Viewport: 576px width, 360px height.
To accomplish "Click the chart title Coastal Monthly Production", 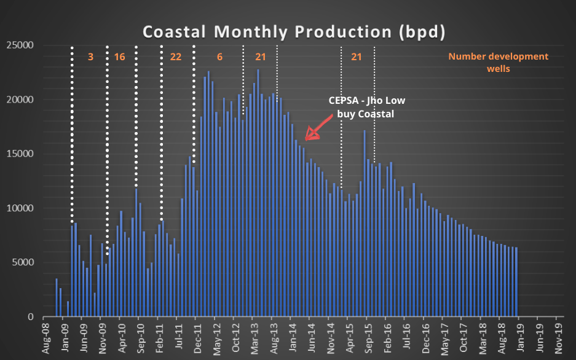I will [x=294, y=31].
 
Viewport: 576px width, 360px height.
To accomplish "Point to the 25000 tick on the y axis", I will [x=21, y=45].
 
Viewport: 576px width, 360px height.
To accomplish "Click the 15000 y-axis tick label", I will [x=21, y=154].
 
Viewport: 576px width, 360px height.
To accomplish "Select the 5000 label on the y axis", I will [x=23, y=263].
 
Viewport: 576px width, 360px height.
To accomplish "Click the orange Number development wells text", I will [x=498, y=62].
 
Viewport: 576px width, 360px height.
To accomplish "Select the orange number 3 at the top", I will [x=90, y=57].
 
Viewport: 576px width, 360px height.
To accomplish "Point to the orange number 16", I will [x=119, y=57].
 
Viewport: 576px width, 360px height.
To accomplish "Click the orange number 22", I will [x=176, y=57].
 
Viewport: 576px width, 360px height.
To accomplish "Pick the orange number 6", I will [x=219, y=57].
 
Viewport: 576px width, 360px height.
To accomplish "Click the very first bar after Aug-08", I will [x=57, y=298].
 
